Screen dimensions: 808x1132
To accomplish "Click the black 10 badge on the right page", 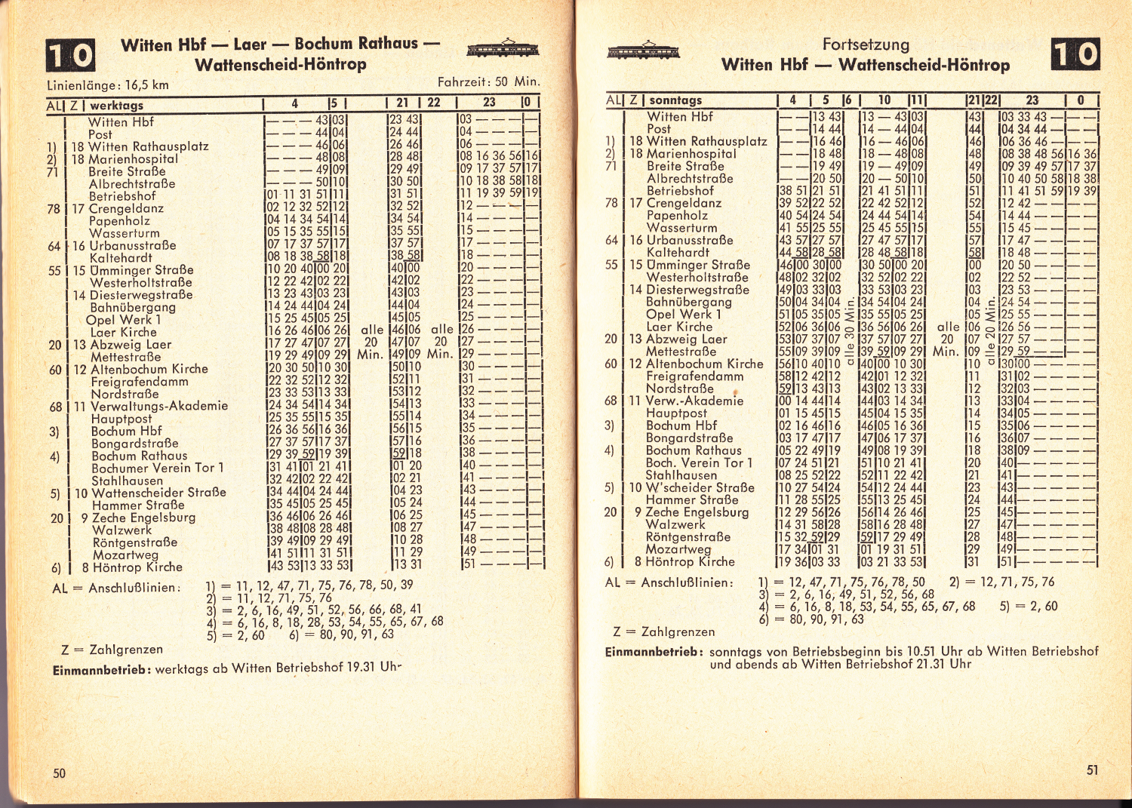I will (1075, 54).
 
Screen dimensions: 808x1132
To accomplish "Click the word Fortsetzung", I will (866, 45).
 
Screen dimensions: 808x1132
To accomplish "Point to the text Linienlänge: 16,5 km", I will (108, 86).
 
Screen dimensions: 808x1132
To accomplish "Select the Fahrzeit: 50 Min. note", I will (488, 81).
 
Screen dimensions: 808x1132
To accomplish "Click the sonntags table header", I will (675, 100).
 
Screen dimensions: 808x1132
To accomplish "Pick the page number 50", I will (60, 773).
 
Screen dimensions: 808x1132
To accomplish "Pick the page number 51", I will (1092, 770).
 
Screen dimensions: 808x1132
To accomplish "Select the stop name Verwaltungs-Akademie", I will (159, 406).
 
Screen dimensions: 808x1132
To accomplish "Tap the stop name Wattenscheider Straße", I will (158, 493).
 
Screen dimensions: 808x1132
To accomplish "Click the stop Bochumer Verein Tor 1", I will (157, 468).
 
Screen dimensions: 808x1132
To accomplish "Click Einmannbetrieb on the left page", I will (101, 669).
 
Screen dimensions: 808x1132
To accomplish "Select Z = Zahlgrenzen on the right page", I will (664, 631).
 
